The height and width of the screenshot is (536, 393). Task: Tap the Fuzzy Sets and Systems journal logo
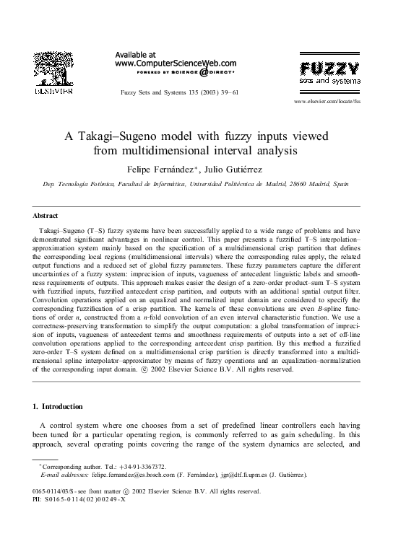(329, 74)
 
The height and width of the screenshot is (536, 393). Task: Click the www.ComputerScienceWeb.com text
(176, 63)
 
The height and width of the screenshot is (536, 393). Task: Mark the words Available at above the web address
(135, 54)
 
